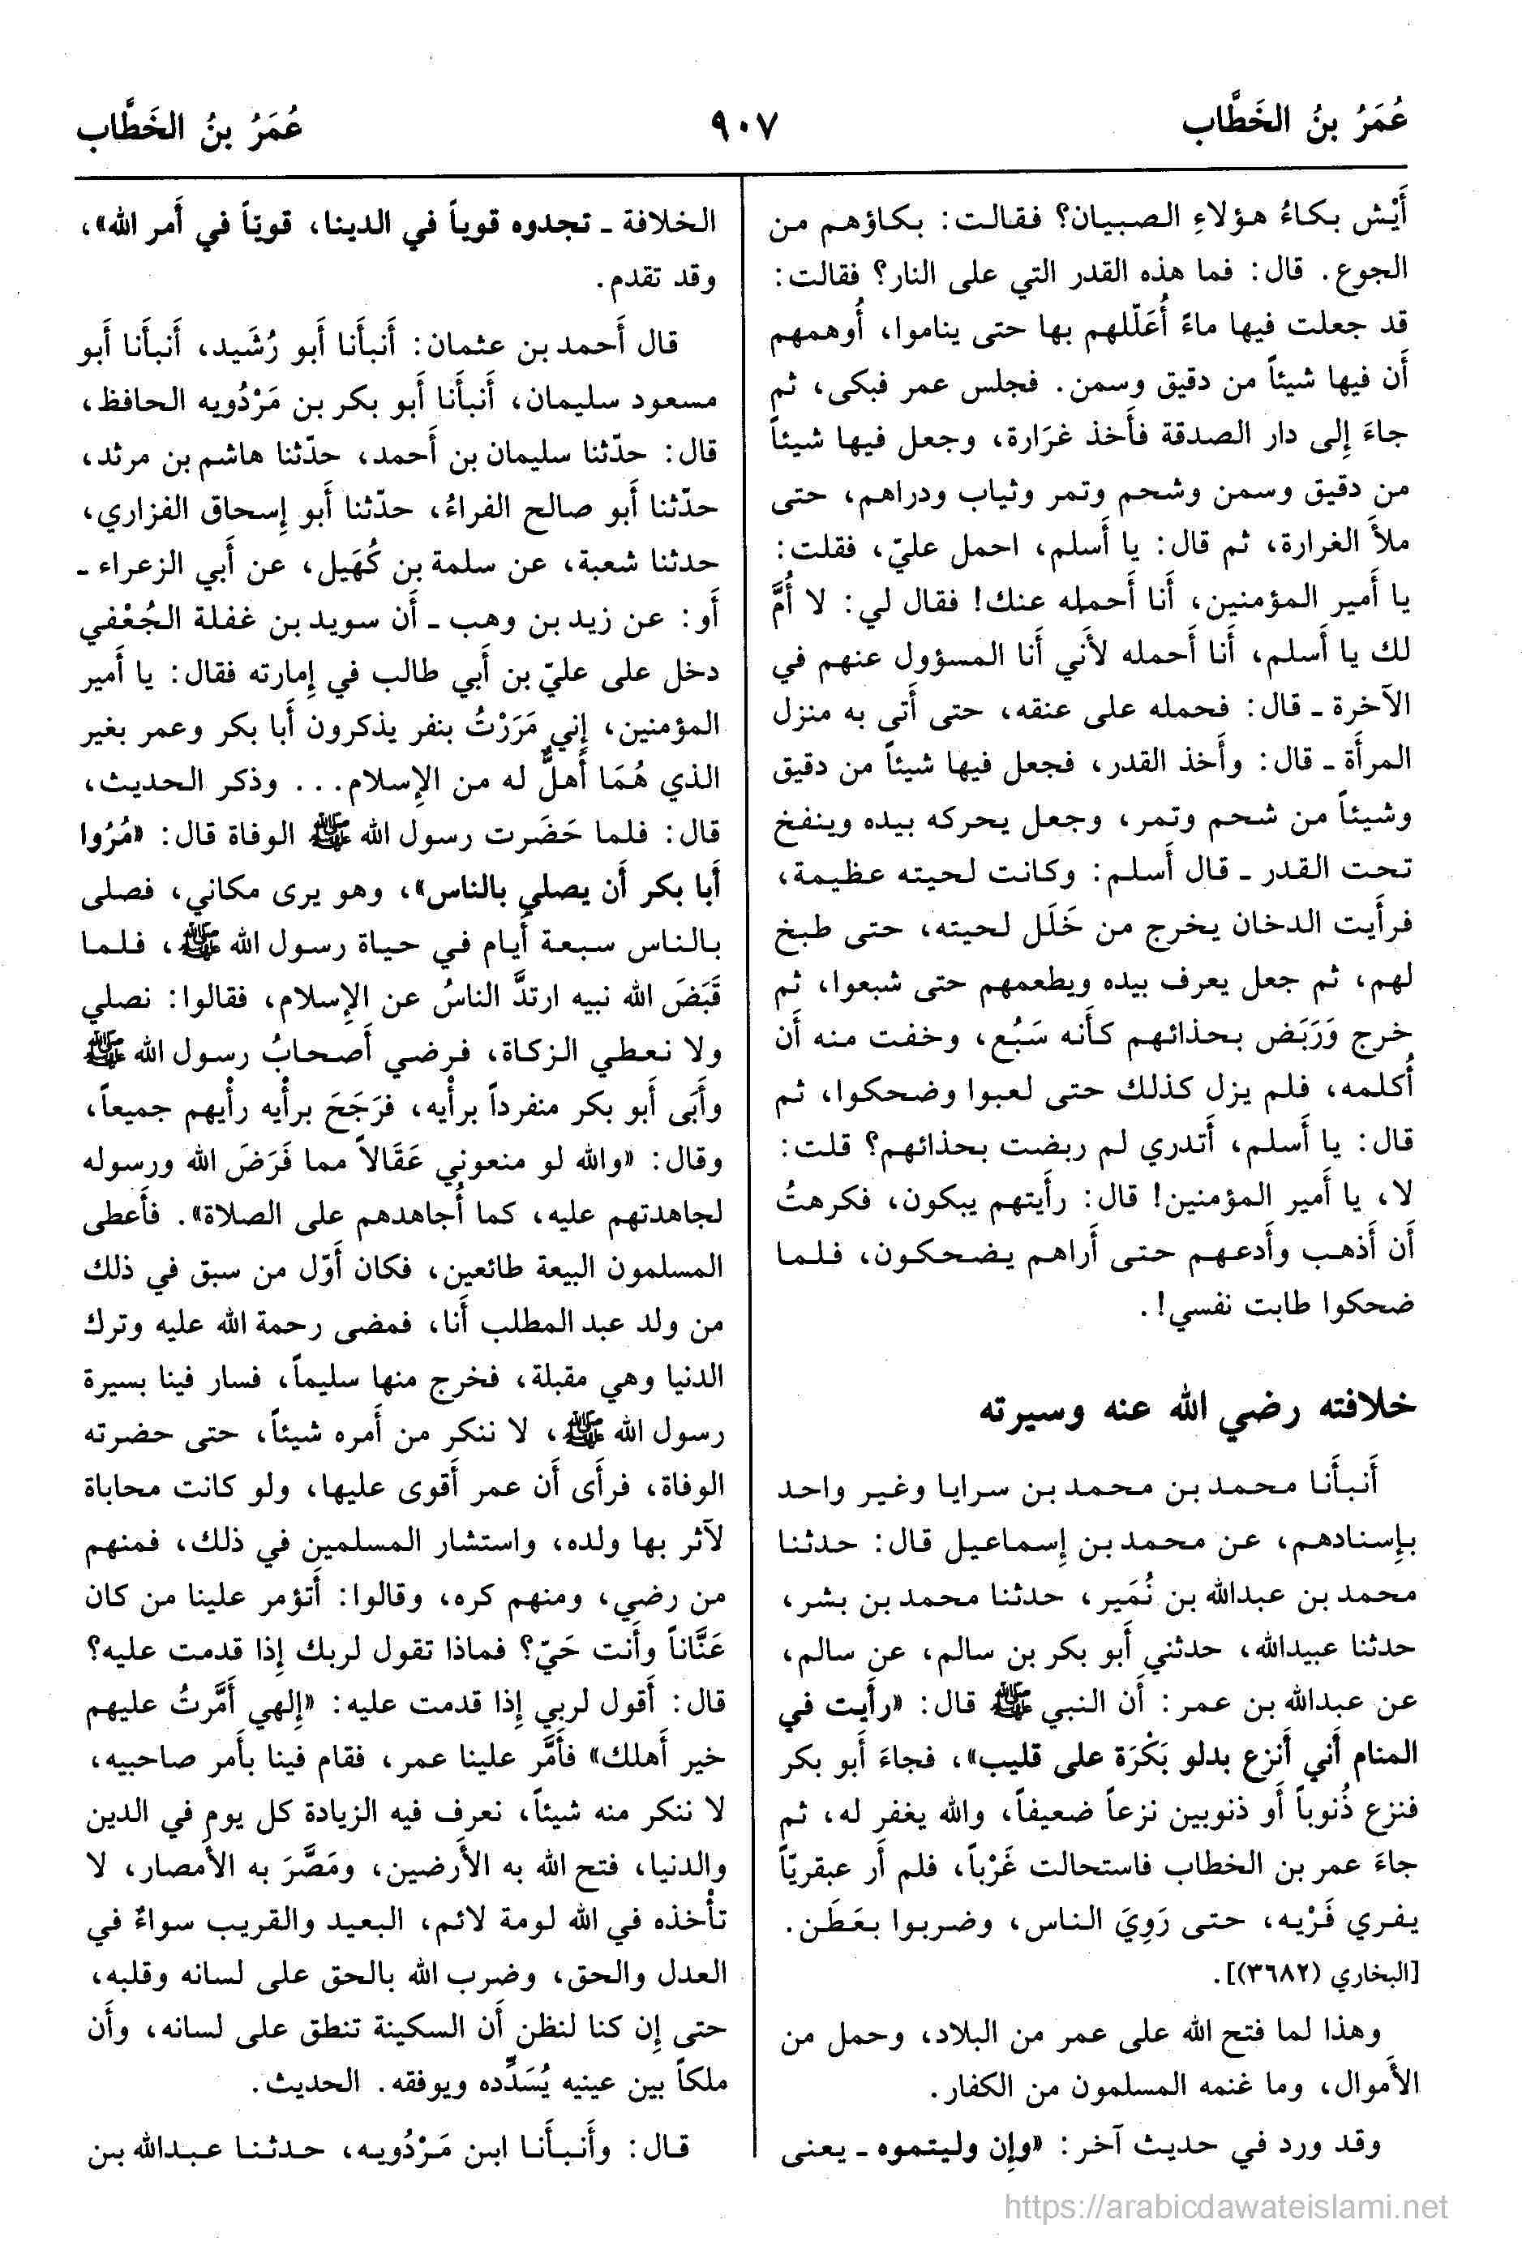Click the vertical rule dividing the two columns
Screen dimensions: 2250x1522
click(742, 1162)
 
